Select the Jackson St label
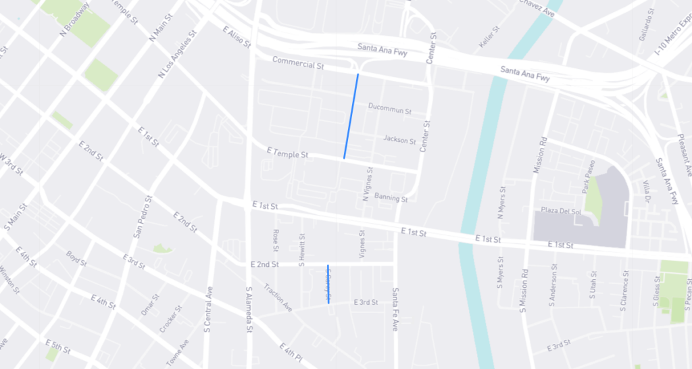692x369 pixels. coord(399,140)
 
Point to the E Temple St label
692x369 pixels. coord(287,153)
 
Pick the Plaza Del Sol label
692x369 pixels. coord(562,212)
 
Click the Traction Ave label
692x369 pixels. coord(278,297)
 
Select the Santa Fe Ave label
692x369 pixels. coord(396,309)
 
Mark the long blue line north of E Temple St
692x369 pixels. coord(351,116)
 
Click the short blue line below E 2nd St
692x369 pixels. coord(328,284)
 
